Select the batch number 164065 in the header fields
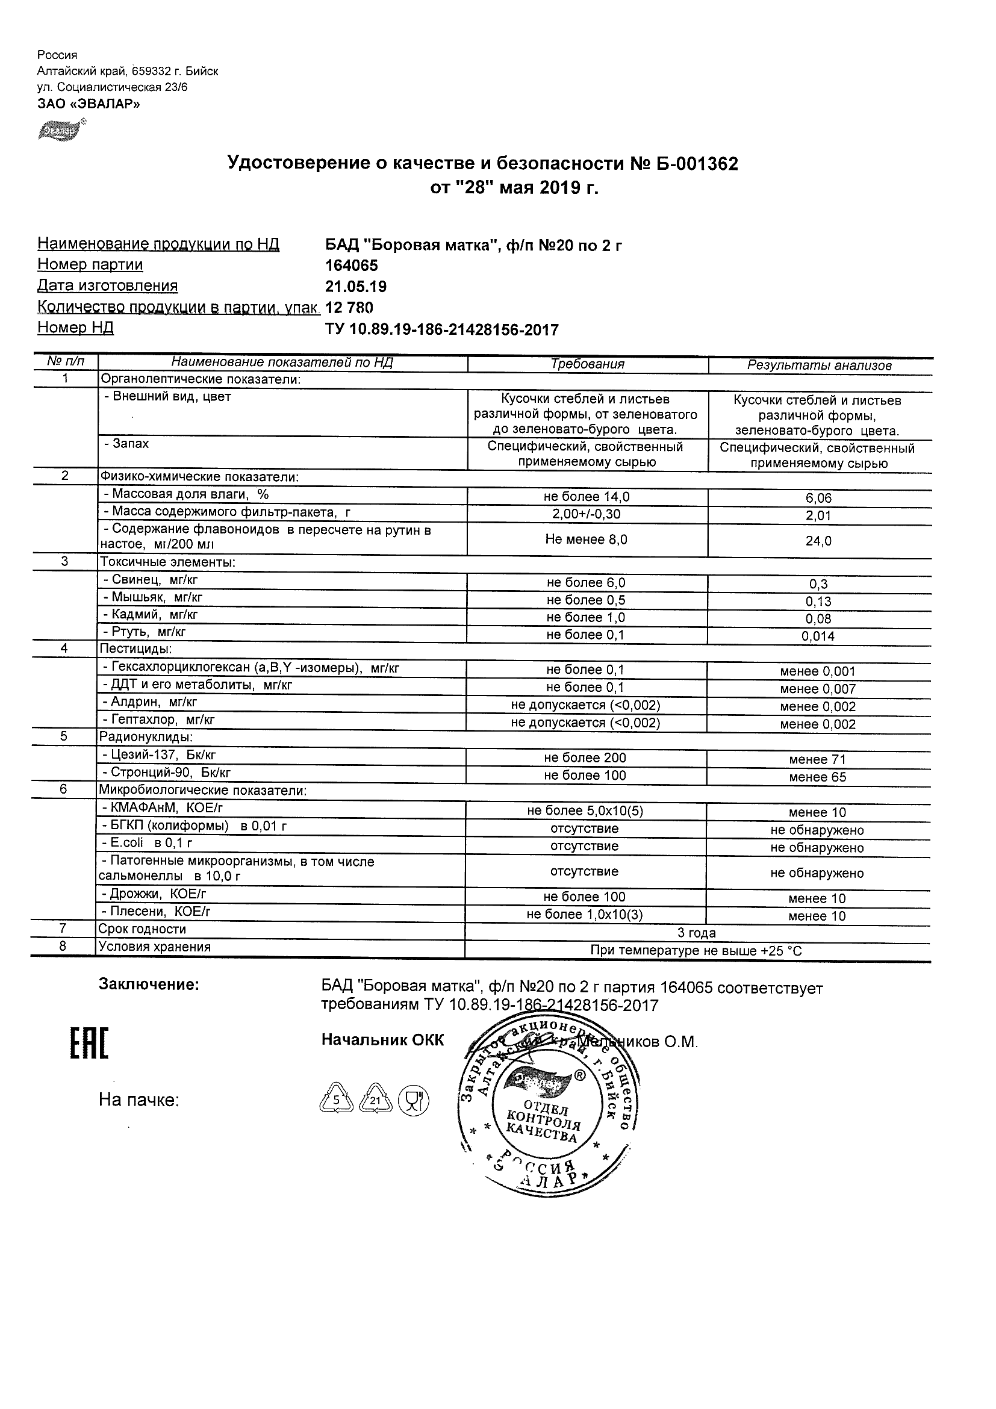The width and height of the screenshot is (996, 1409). click(351, 266)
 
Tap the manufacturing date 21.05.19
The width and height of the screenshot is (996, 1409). click(355, 287)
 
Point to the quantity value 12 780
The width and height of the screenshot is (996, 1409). click(349, 308)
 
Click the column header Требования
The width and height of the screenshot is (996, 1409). click(587, 364)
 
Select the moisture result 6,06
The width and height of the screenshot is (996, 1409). click(818, 499)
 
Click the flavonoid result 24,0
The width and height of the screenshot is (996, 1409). click(818, 541)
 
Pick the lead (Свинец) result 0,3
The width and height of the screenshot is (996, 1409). click(818, 584)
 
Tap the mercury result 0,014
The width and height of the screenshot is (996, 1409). click(818, 636)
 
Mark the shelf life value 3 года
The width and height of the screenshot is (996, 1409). click(697, 933)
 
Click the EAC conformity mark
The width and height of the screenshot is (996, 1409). click(89, 1043)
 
